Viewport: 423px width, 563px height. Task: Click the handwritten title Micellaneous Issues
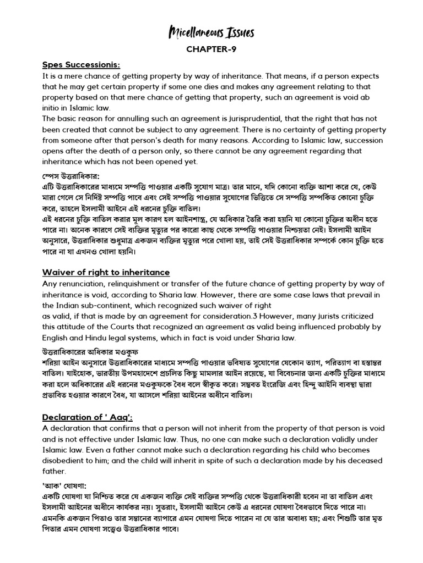point(211,34)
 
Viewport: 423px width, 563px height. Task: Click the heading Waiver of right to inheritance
point(106,273)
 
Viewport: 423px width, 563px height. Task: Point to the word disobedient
point(68,460)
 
